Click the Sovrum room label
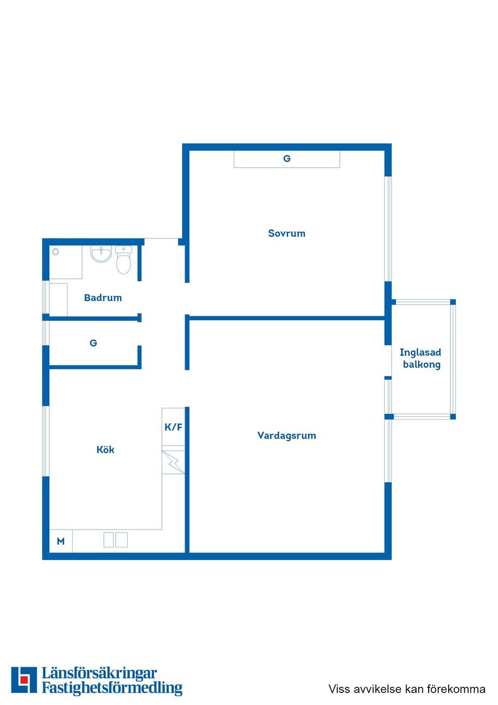286,234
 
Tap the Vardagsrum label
286,436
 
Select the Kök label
105,450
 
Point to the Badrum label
103,298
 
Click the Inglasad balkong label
421,358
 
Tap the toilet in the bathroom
123,260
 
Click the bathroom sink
101,254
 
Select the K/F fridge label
173,427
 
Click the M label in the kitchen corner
61,541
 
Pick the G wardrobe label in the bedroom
287,159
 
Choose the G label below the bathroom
93,343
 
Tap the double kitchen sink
115,540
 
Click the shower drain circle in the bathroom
56,252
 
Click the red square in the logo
23,679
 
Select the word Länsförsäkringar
99,673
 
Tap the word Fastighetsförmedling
112,688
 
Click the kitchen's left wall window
45,441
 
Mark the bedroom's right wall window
388,228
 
